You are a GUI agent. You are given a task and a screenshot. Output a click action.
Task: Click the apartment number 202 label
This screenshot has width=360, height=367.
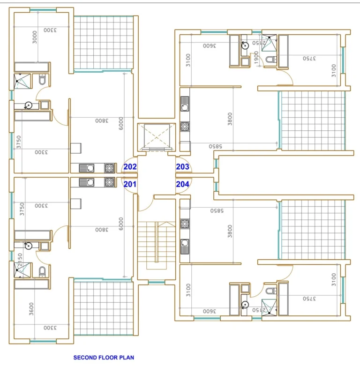[x=130, y=167]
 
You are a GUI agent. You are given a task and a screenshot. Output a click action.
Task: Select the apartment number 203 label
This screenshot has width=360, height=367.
[x=182, y=167]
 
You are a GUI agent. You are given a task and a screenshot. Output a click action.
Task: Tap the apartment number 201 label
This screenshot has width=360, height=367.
[x=130, y=184]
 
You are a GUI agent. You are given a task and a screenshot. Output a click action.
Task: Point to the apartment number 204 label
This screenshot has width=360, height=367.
[x=182, y=184]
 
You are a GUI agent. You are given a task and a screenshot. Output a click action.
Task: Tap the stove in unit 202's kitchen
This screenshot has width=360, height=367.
[x=110, y=168]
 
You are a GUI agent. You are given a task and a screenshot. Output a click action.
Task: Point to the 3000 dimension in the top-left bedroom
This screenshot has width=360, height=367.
[x=35, y=37]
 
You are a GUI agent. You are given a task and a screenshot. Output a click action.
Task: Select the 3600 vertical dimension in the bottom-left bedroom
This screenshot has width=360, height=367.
[x=31, y=308]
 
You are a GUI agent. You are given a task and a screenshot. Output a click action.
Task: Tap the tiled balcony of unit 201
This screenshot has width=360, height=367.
[x=104, y=307]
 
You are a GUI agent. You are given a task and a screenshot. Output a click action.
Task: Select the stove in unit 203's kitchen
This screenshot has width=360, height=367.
[x=185, y=127]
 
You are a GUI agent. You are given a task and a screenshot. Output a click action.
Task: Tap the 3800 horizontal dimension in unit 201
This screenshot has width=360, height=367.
[x=102, y=229]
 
